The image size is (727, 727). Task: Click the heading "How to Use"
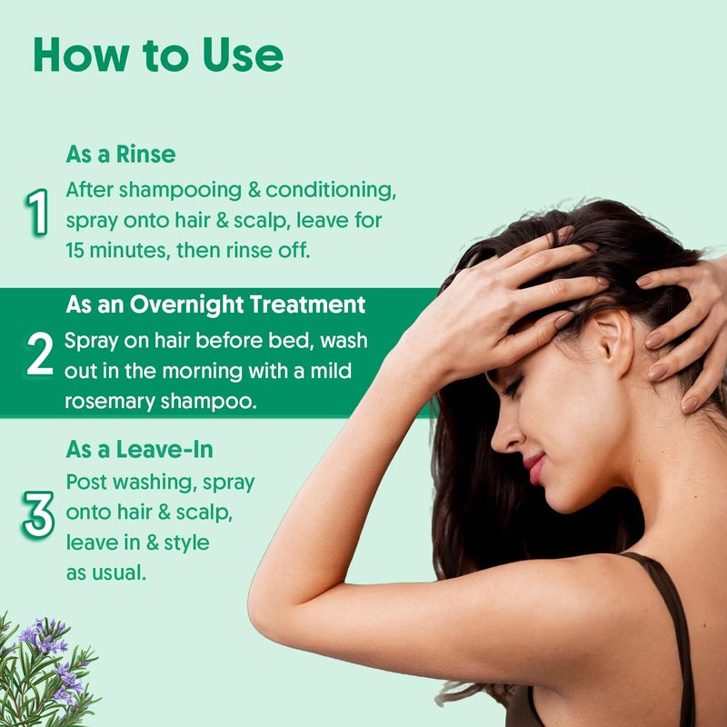(x=158, y=55)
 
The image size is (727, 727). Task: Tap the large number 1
(x=37, y=212)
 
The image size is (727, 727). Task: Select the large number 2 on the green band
(x=40, y=353)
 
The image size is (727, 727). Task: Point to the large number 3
(x=38, y=514)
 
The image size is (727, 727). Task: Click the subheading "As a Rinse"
(x=121, y=154)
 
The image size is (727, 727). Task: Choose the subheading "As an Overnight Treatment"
(x=215, y=304)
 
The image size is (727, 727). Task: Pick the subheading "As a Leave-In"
(x=139, y=449)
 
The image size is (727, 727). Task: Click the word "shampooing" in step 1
(x=180, y=191)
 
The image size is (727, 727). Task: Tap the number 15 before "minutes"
(x=75, y=251)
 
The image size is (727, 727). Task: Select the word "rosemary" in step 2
(x=109, y=402)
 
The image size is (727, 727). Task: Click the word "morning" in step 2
(x=202, y=372)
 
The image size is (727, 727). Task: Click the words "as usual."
(x=106, y=573)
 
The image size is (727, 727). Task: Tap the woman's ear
(x=611, y=343)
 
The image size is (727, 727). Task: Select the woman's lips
(x=534, y=467)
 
